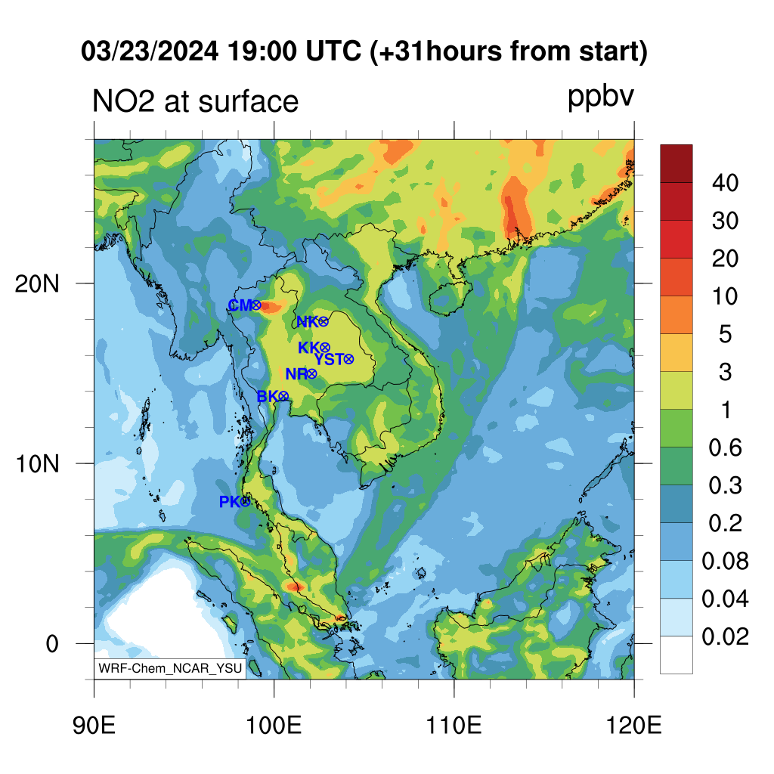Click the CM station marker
click(x=255, y=305)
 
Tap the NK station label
click(x=307, y=322)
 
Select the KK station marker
click(x=325, y=348)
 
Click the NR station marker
click(x=311, y=374)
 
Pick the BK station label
click(x=268, y=396)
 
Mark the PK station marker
click(x=246, y=502)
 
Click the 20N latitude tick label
click(x=37, y=284)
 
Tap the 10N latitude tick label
click(x=37, y=464)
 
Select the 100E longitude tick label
click(x=274, y=726)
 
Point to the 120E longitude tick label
click(x=634, y=726)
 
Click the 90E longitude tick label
click(x=94, y=726)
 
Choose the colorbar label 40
click(x=725, y=183)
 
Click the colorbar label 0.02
click(x=725, y=636)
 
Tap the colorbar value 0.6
click(x=725, y=447)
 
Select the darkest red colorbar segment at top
click(x=676, y=163)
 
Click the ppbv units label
click(x=601, y=98)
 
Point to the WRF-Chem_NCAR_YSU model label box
click(x=170, y=668)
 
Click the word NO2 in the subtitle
click(x=123, y=101)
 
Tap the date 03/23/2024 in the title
click(x=150, y=51)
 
